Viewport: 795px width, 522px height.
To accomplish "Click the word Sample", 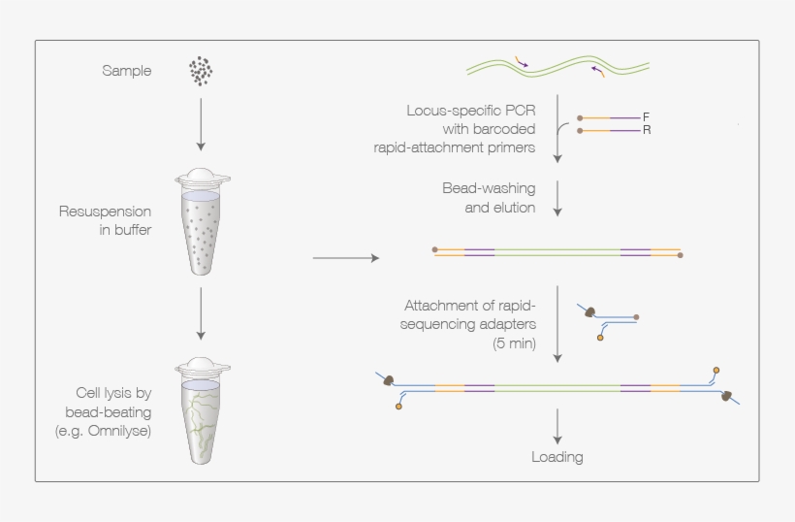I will pyautogui.click(x=126, y=71).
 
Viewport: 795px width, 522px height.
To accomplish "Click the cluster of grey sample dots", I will pyautogui.click(x=201, y=71).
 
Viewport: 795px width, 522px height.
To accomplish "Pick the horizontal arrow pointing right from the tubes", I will pyautogui.click(x=345, y=258).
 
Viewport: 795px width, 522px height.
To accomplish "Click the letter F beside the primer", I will pyautogui.click(x=646, y=116).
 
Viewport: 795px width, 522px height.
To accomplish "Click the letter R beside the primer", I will pyautogui.click(x=646, y=129).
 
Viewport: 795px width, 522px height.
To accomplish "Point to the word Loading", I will pyautogui.click(x=557, y=456).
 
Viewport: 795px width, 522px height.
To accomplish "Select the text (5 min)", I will pyautogui.click(x=513, y=343).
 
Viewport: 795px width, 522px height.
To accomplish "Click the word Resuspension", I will pyautogui.click(x=105, y=212).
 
